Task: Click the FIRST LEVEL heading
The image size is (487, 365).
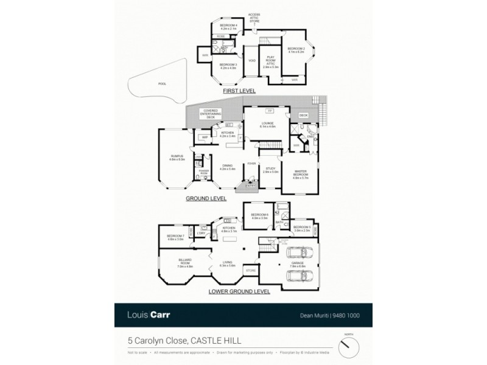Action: click(239, 91)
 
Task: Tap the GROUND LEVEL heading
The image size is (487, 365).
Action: click(206, 198)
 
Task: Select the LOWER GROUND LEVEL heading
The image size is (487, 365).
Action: click(239, 291)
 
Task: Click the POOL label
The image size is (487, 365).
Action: click(161, 83)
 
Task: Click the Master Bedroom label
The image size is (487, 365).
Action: click(301, 175)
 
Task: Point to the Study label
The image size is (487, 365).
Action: click(270, 170)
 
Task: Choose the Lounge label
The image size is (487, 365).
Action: click(268, 125)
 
